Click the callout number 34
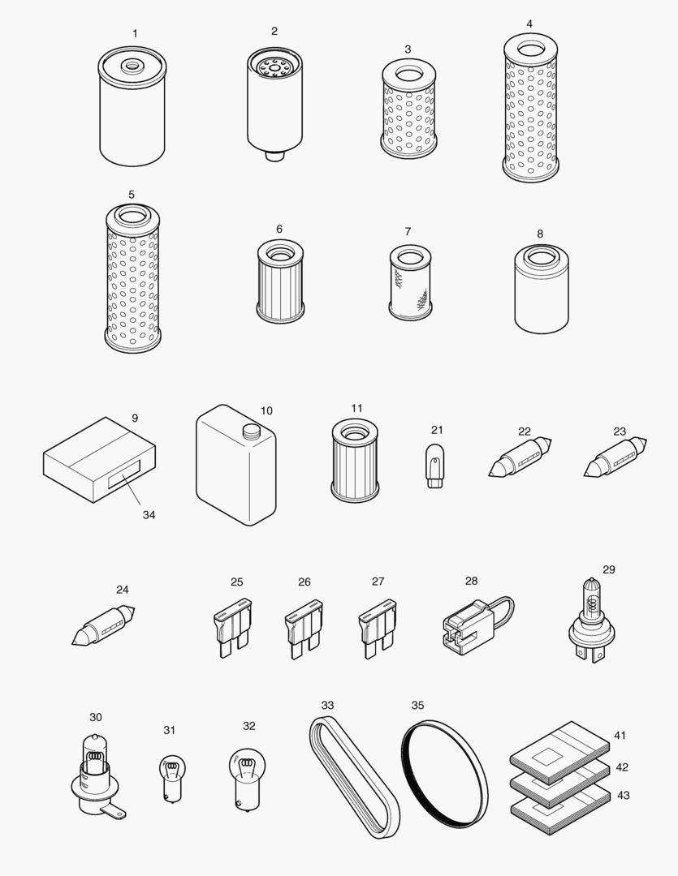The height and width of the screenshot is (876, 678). coord(149,514)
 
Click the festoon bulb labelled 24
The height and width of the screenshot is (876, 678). coord(103,625)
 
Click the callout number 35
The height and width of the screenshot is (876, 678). coord(417,705)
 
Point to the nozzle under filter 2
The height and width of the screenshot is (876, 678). coord(274,155)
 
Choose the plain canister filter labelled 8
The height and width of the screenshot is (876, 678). coord(542,290)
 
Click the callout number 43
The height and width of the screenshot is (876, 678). coord(623,796)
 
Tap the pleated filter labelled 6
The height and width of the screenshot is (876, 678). coord(279,281)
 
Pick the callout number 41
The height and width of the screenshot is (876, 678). coord(620,736)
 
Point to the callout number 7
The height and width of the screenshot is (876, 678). coord(408,231)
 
